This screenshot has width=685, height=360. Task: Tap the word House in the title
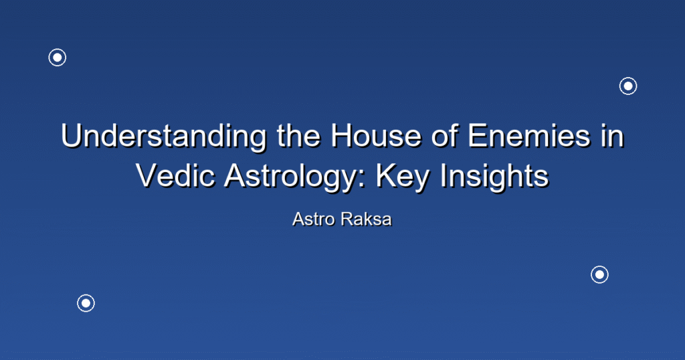tap(376, 135)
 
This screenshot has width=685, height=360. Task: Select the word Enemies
tap(528, 135)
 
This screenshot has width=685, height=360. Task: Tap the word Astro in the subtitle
tap(314, 219)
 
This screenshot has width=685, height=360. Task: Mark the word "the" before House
tap(299, 135)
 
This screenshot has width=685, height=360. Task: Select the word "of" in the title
tap(445, 135)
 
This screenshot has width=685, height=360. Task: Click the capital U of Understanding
tap(71, 135)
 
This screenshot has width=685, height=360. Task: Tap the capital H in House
tap(341, 135)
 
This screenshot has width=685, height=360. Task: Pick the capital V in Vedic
tap(146, 175)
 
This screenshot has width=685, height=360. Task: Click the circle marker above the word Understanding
tap(58, 58)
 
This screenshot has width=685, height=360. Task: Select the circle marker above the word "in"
tap(628, 86)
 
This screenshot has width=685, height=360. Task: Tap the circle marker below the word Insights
tap(600, 275)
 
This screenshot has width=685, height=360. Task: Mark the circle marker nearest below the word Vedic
tap(86, 303)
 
